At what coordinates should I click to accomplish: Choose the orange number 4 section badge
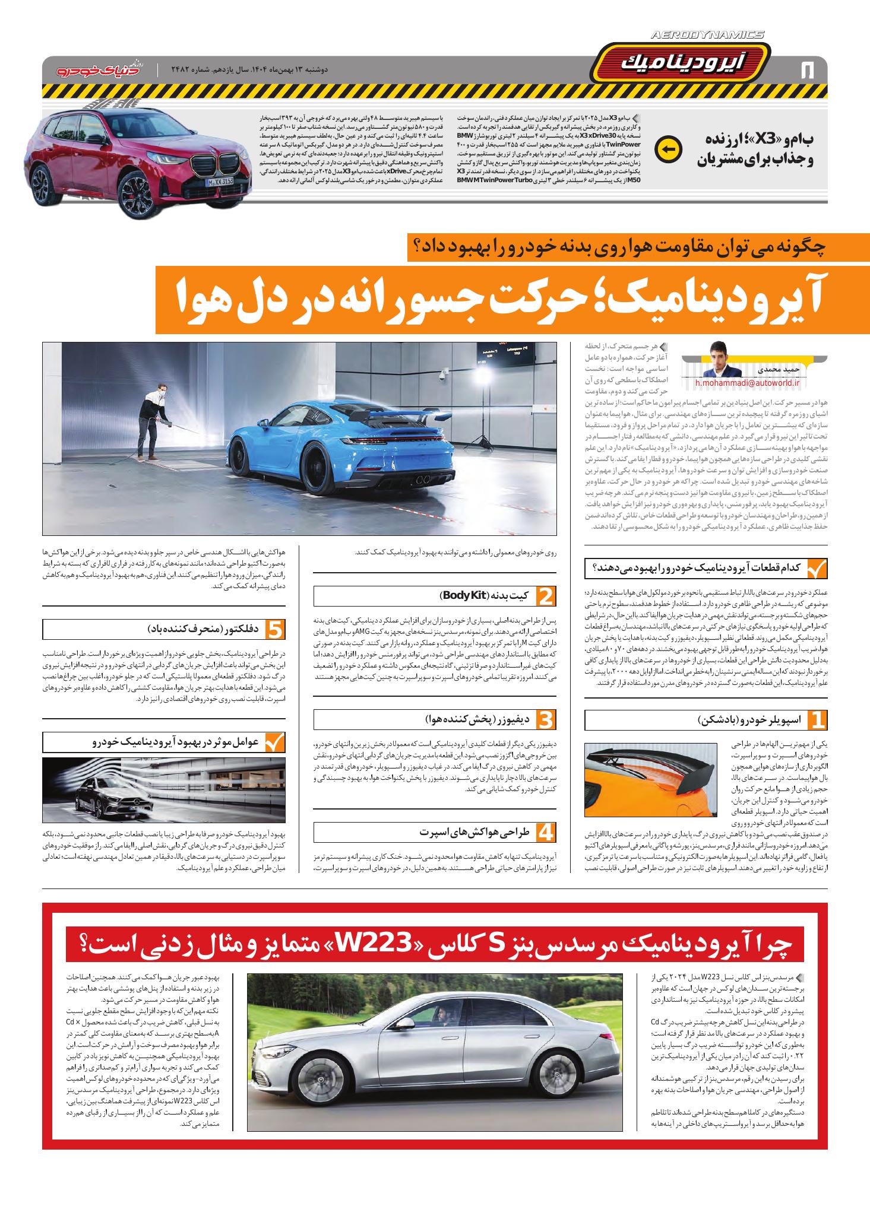tap(545, 832)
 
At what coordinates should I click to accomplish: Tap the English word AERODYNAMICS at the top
tap(707, 36)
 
